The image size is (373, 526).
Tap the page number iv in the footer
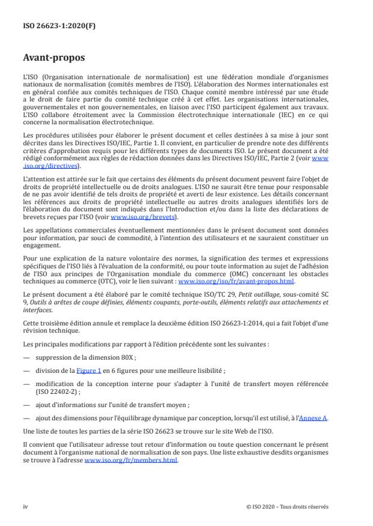pyautogui.click(x=25, y=506)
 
